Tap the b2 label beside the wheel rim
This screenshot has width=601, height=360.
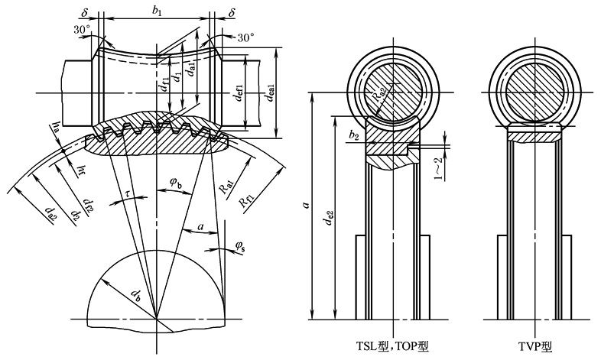353,135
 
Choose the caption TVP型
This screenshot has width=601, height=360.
535,346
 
